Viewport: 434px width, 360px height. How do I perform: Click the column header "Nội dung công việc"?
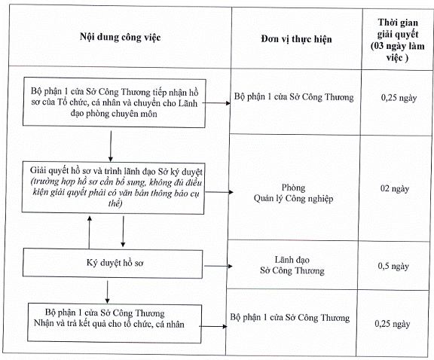120,37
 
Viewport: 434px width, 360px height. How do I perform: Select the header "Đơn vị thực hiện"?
296,39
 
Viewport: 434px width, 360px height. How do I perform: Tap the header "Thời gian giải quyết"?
398,28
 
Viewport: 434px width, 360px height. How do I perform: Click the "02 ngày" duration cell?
395,189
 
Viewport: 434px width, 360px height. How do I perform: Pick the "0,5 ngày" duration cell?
393,266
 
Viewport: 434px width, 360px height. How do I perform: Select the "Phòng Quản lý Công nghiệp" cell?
293,193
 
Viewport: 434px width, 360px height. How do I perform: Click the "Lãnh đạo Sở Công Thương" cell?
292,265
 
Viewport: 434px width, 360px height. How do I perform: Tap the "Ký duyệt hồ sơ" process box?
113,263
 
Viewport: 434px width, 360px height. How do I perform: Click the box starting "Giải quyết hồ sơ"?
113,188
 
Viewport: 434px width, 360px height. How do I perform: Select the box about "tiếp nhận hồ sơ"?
114,102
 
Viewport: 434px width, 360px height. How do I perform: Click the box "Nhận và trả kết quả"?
115,323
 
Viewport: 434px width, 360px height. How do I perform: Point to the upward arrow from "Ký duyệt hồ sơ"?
90,232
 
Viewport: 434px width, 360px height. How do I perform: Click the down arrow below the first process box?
111,146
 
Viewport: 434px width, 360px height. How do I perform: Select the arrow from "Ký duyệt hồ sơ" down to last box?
108,292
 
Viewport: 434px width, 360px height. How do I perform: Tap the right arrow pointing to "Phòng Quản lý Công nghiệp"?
219,192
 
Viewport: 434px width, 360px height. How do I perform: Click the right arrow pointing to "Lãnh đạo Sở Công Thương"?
218,266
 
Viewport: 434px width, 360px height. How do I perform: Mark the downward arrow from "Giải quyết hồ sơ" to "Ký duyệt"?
123,232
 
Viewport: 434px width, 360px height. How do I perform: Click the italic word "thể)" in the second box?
115,203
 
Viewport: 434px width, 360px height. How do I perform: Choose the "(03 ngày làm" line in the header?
398,46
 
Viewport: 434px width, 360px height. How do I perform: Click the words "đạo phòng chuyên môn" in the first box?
114,114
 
